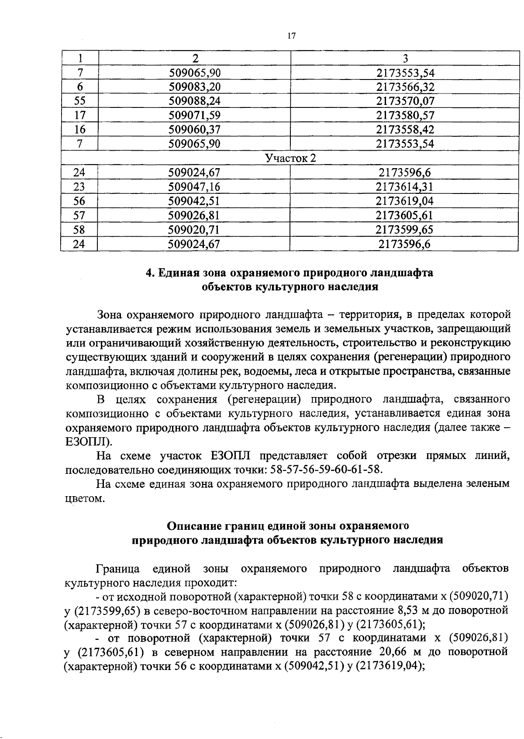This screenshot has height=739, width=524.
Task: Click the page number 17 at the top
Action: point(292,36)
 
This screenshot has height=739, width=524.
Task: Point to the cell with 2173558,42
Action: point(405,130)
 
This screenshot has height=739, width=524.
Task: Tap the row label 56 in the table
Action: point(79,201)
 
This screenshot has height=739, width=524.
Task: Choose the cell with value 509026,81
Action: point(194,215)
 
